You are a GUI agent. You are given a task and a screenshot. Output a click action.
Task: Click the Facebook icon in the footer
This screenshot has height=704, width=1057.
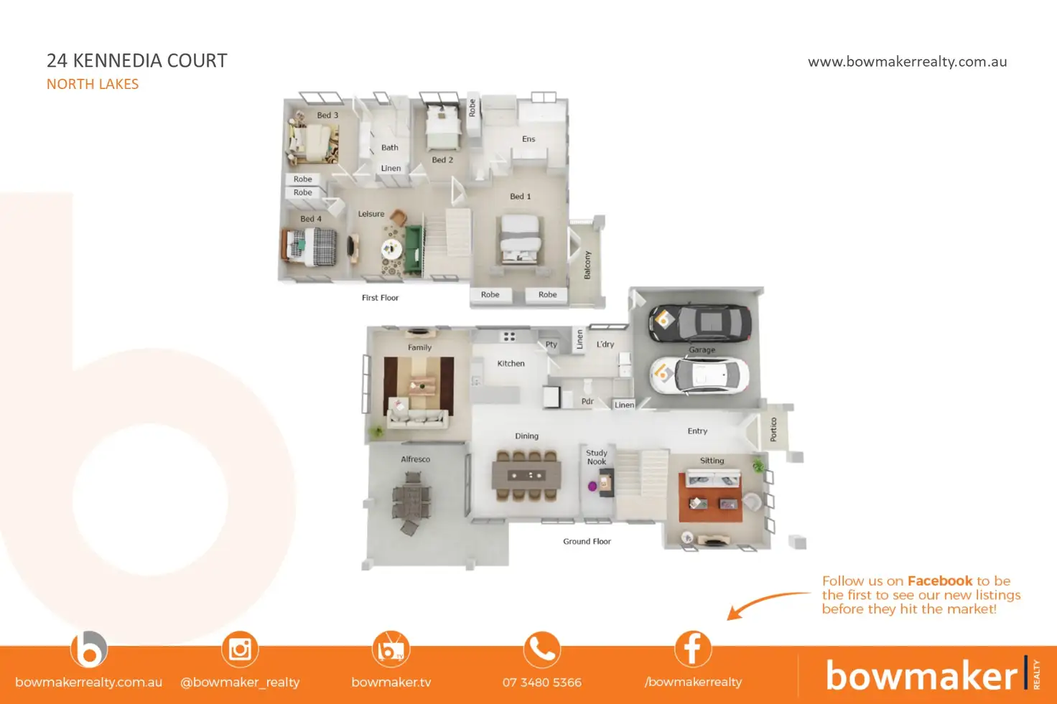[x=693, y=649]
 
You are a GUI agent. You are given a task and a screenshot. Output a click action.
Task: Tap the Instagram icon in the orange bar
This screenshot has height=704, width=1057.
[x=240, y=649]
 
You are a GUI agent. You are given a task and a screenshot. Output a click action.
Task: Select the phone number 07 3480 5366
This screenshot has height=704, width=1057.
[x=542, y=682]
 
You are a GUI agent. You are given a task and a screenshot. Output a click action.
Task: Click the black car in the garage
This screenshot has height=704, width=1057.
[x=699, y=323]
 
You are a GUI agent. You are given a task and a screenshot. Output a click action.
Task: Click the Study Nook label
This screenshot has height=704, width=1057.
[x=597, y=457]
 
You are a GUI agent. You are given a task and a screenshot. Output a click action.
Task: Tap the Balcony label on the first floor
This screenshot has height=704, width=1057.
[x=587, y=265]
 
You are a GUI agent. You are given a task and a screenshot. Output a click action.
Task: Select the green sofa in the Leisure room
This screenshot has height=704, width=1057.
[x=414, y=249]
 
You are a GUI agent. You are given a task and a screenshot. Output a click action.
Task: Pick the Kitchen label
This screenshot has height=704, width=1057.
[x=511, y=364]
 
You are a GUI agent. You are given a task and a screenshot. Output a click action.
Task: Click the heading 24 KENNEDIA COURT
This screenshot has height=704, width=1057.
[x=137, y=61]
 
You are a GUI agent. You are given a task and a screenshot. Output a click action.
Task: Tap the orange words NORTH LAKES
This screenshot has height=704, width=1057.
[x=93, y=84]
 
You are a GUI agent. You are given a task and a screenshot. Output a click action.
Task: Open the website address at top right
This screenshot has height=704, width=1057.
[x=907, y=62]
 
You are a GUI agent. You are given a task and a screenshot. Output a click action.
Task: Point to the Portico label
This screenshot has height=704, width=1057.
[x=773, y=429]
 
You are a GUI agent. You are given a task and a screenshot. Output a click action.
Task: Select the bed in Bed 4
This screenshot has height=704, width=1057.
[x=310, y=246]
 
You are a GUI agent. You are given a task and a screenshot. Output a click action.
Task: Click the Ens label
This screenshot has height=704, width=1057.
[x=528, y=139]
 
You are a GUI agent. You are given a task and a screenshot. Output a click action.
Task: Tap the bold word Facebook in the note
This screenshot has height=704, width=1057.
[x=940, y=581]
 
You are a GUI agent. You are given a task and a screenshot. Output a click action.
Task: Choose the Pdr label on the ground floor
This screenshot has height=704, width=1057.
[x=587, y=402]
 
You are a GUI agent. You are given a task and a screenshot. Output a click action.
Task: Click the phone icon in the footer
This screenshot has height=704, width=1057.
[x=542, y=649]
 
